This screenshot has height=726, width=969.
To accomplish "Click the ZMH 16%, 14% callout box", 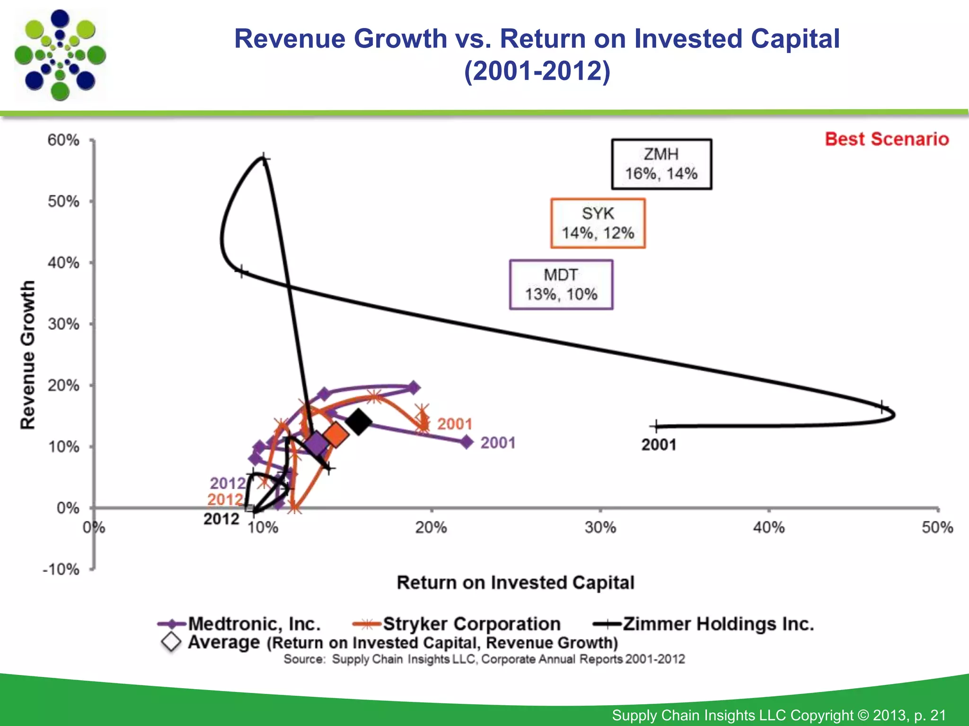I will (661, 164).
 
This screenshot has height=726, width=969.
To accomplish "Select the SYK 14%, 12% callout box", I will (598, 223).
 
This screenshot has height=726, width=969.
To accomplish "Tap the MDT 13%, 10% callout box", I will (561, 285).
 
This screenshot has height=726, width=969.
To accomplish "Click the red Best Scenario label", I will (887, 139).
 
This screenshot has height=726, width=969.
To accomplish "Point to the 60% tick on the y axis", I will (63, 140).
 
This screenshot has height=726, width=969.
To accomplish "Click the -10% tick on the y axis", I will (62, 569).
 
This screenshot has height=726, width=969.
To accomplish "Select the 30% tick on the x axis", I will (600, 527).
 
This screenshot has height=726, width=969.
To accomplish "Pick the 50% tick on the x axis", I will (937, 527).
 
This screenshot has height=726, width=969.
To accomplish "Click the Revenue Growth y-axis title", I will (28, 354).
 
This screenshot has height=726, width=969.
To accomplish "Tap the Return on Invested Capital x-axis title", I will (515, 582).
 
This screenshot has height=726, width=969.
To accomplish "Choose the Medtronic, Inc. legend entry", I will (255, 624).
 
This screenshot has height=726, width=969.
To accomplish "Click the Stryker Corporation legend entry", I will (471, 624).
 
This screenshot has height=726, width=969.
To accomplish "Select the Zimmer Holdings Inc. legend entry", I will (718, 624).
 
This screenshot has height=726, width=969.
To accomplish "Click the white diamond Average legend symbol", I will (171, 642).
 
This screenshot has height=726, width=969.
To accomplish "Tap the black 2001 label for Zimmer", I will (659, 445).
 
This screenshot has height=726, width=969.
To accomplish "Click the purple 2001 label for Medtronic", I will (498, 443).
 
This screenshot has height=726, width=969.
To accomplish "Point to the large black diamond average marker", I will (358, 422).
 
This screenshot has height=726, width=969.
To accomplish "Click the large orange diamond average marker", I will (336, 435).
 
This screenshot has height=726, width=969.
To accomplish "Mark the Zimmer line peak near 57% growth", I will (264, 159).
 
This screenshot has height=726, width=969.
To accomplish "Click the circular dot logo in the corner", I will (60, 55).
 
